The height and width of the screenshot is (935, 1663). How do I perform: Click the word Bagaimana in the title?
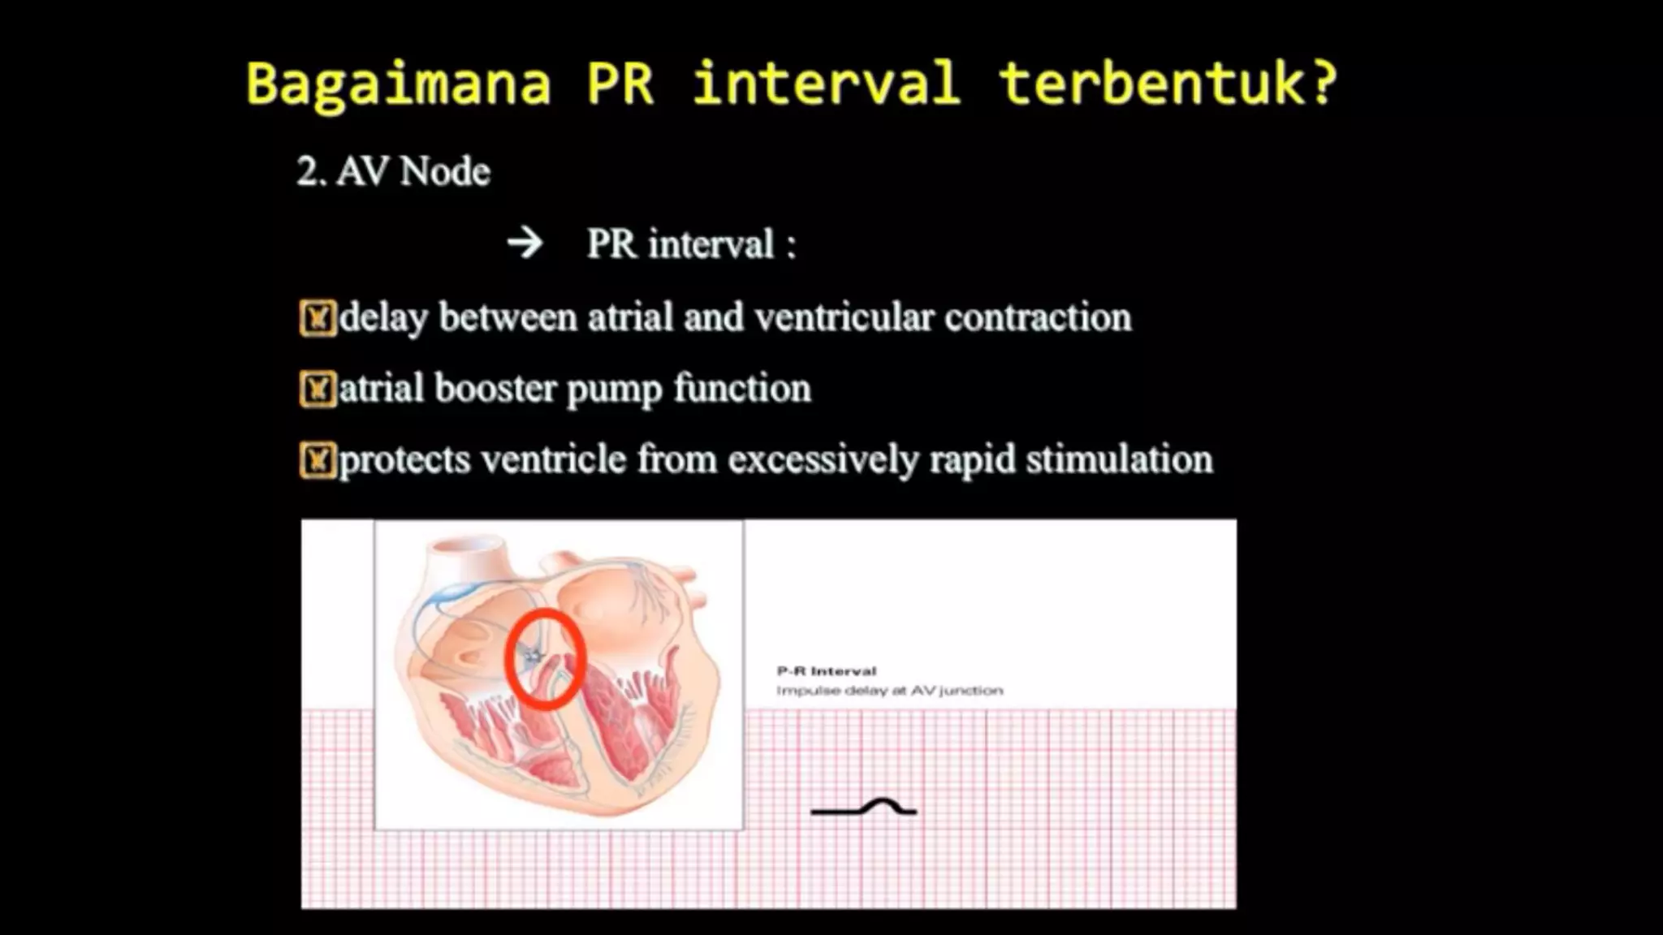[398, 84]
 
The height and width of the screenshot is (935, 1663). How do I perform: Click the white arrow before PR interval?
[525, 243]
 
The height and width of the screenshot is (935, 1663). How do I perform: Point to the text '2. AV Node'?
[393, 172]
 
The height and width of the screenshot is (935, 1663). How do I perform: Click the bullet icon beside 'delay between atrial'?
[317, 318]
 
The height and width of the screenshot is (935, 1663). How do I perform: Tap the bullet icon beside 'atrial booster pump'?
[317, 390]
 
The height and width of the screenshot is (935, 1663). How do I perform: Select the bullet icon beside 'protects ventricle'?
[317, 461]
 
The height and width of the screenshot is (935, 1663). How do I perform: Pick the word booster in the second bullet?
[495, 389]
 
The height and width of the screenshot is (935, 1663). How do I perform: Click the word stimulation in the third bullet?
[1119, 459]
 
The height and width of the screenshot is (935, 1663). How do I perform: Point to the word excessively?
[823, 460]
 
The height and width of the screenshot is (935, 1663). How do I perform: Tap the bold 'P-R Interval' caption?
[827, 671]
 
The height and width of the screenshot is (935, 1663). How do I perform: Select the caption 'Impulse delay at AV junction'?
[889, 691]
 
